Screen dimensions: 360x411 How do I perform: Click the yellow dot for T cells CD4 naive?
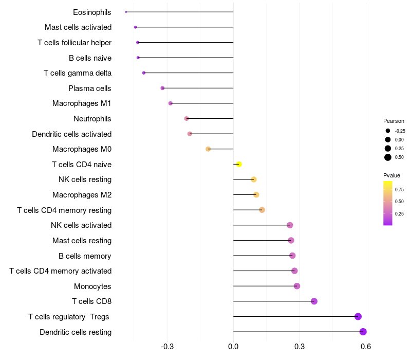tap(238, 164)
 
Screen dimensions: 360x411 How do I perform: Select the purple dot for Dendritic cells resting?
tap(363, 332)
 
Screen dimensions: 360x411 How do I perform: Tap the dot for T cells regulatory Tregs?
tap(358, 316)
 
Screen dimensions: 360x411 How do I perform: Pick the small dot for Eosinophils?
tap(126, 12)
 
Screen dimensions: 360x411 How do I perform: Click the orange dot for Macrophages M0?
tap(208, 149)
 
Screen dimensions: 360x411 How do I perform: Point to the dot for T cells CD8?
tap(314, 301)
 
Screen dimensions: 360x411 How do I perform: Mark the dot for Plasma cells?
tap(162, 88)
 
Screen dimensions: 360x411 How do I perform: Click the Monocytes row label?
tap(92, 286)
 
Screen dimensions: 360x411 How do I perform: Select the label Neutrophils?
tap(92, 119)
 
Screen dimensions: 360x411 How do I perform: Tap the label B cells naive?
tap(90, 58)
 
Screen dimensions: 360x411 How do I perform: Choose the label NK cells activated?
tap(81, 225)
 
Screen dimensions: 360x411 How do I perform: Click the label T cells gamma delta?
tap(78, 73)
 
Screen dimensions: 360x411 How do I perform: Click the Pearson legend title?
tap(394, 121)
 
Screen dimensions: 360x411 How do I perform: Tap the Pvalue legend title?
tap(392, 175)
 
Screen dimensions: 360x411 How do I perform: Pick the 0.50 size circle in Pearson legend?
tap(388, 157)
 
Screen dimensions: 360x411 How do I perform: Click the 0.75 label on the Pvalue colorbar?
tap(399, 189)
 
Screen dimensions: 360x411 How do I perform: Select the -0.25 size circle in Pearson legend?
tap(388, 131)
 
